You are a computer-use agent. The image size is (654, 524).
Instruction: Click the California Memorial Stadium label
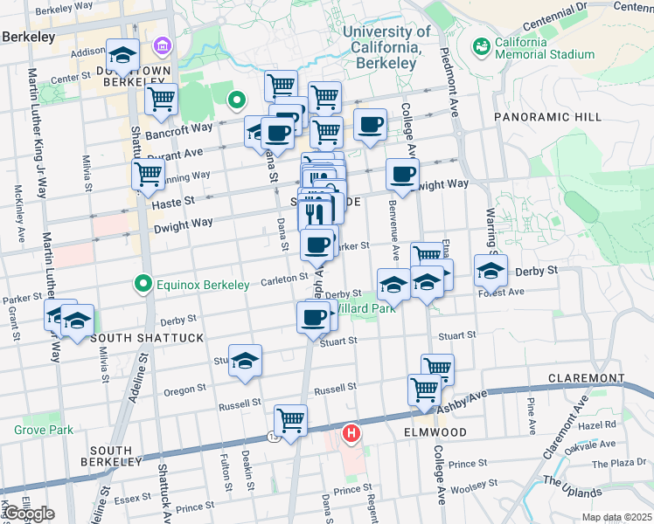[x=545, y=47]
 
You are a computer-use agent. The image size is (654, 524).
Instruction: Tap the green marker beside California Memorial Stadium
[x=480, y=45]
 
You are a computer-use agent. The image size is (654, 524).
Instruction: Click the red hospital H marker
[x=351, y=431]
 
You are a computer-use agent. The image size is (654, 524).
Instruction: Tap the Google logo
[x=28, y=513]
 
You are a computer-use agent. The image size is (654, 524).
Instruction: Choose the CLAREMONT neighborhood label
[x=585, y=378]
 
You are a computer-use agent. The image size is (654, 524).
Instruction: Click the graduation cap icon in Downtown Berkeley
[x=122, y=55]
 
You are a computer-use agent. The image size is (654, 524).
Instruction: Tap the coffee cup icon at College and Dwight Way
[x=402, y=174]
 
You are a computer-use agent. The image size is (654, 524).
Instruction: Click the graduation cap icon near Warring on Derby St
[x=491, y=271]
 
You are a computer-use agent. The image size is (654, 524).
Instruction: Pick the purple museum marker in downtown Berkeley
[x=163, y=45]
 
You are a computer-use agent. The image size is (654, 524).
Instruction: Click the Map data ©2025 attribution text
[x=616, y=517]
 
